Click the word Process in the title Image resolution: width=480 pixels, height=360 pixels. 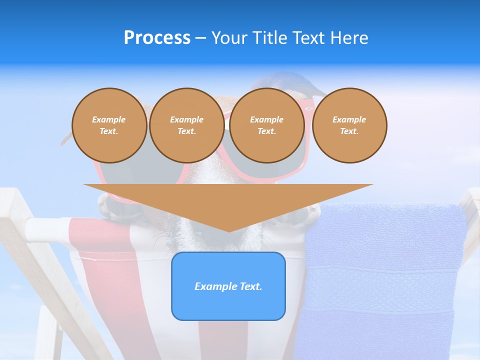[x=157, y=38]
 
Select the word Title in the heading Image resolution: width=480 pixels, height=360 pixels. [x=270, y=38]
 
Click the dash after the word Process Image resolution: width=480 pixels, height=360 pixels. [x=201, y=38]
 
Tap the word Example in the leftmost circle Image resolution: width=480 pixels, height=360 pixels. [x=109, y=119]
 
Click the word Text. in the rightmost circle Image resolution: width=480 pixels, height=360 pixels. [x=349, y=131]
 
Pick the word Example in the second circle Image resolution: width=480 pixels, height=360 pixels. [x=186, y=119]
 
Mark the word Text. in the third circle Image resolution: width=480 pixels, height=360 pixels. [x=266, y=131]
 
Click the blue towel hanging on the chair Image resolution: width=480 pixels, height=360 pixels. [x=385, y=280]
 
